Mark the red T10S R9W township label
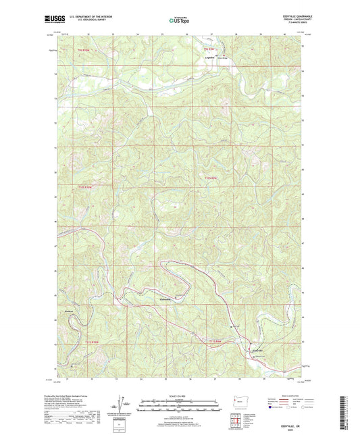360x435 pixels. pos(210,177)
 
